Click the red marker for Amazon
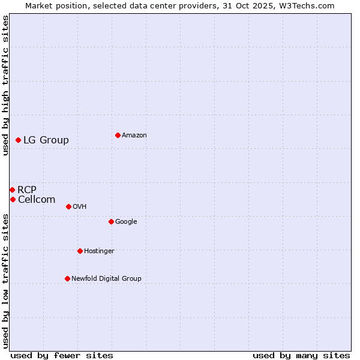click(x=118, y=135)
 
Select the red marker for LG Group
click(x=19, y=140)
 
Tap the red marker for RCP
click(x=12, y=190)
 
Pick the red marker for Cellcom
click(x=13, y=199)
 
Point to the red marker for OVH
click(x=68, y=206)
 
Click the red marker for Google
click(x=111, y=221)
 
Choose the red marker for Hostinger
click(x=80, y=251)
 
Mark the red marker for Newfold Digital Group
click(x=67, y=278)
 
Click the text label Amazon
click(x=134, y=136)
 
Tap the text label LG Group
click(x=46, y=140)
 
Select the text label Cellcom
click(x=37, y=200)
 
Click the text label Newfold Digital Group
click(x=106, y=278)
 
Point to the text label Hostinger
click(x=99, y=251)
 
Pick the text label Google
click(x=126, y=222)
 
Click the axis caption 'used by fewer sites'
click(x=62, y=355)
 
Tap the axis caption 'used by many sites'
click(x=301, y=355)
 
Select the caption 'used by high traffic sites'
click(x=5, y=85)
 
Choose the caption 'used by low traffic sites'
click(x=5, y=281)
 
